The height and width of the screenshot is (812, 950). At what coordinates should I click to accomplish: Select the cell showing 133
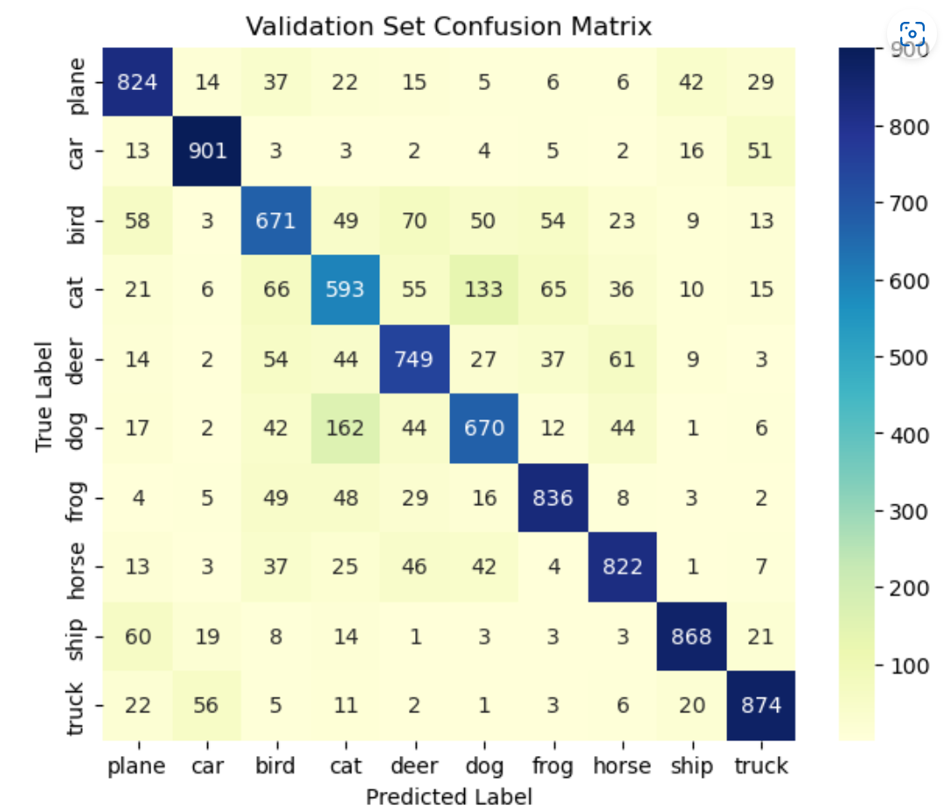(x=483, y=288)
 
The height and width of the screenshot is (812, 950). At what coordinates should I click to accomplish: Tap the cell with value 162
(x=344, y=427)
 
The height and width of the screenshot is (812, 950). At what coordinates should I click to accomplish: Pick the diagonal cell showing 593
(x=344, y=288)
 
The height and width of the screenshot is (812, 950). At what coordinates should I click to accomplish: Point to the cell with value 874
(x=760, y=705)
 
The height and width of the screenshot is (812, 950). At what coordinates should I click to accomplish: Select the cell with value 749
(x=413, y=358)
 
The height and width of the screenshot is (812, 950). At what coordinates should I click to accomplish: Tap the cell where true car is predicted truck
(x=760, y=150)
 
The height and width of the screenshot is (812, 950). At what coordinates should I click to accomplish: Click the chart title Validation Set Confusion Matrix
(x=448, y=26)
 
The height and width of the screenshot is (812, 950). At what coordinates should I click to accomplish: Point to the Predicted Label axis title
(x=448, y=796)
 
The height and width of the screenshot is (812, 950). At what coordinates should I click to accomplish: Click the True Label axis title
(x=45, y=393)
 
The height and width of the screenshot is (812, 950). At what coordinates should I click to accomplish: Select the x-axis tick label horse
(x=621, y=767)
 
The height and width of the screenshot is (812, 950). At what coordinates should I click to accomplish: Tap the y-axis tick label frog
(x=76, y=497)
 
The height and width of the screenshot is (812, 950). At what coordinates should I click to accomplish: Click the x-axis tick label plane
(x=136, y=767)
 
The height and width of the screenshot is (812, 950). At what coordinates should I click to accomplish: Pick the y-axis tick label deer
(x=76, y=358)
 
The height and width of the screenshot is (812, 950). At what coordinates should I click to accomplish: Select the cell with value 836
(x=552, y=497)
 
